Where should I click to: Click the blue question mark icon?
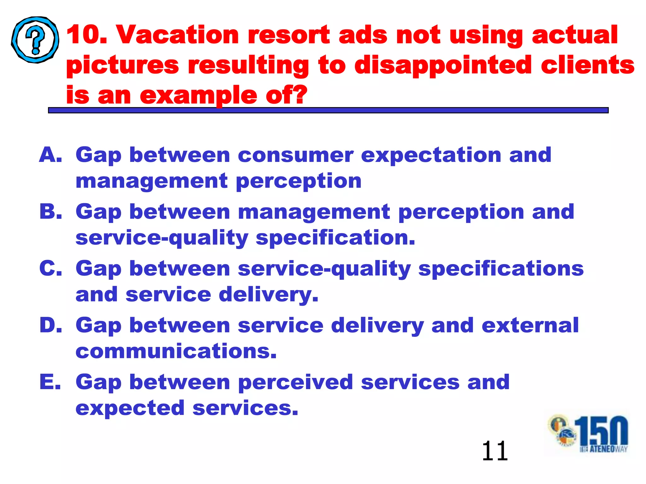coord(35,40)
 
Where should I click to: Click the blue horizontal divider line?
coord(328,110)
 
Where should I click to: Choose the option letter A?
coord(50,155)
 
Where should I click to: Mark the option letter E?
coord(50,382)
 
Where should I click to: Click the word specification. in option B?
coord(335,238)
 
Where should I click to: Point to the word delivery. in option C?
coord(268,295)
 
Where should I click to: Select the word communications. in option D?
coord(176,351)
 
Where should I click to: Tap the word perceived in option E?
coord(295,382)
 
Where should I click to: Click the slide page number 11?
coord(495,451)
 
